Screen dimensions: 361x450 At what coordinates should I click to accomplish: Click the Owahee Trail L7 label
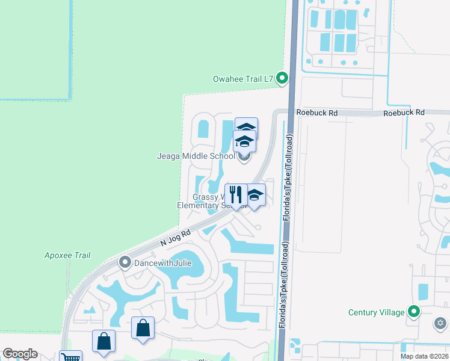[243, 79]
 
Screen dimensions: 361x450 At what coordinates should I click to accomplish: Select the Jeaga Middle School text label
[196, 156]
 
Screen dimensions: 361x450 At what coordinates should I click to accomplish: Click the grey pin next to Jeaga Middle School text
[244, 157]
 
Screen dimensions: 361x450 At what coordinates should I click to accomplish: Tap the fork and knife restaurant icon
[235, 194]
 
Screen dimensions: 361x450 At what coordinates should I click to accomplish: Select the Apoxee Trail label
[67, 255]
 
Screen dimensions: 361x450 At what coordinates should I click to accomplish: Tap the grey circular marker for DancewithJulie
[125, 262]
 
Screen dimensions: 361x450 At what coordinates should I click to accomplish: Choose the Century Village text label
[377, 312]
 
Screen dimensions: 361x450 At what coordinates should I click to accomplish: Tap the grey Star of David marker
[440, 324]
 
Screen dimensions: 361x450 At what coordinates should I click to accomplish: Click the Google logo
[20, 354]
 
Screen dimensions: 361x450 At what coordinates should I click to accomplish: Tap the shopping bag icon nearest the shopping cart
[103, 341]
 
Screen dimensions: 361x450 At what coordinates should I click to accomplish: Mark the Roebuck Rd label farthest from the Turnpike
[404, 113]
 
